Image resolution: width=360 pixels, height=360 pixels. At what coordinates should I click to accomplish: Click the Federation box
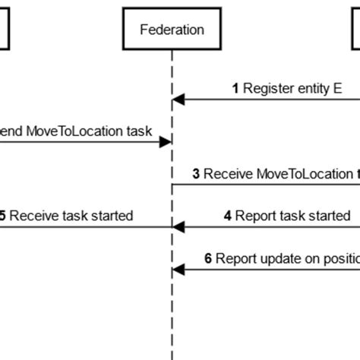tap(172, 30)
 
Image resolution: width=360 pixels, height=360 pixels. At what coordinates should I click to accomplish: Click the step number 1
tap(235, 88)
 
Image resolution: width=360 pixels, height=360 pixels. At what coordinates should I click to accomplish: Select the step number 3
tap(196, 174)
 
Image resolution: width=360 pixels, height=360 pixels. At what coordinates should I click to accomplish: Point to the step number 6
tap(209, 258)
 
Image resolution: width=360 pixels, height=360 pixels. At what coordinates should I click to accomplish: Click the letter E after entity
tap(337, 88)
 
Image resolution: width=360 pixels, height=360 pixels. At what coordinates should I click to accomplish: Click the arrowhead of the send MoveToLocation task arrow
tap(167, 141)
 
